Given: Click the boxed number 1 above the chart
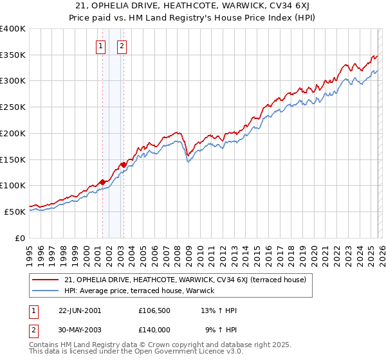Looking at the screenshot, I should pos(101,46).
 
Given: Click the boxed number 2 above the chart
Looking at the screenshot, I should pos(122,46).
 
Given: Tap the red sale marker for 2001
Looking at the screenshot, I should pos(102,181).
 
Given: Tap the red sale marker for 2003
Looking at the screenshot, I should pos(124,164).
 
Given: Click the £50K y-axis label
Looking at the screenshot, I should pos(15,212).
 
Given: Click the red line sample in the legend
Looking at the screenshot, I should pos(46,280).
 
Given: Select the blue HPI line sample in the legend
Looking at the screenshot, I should pos(46,291).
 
